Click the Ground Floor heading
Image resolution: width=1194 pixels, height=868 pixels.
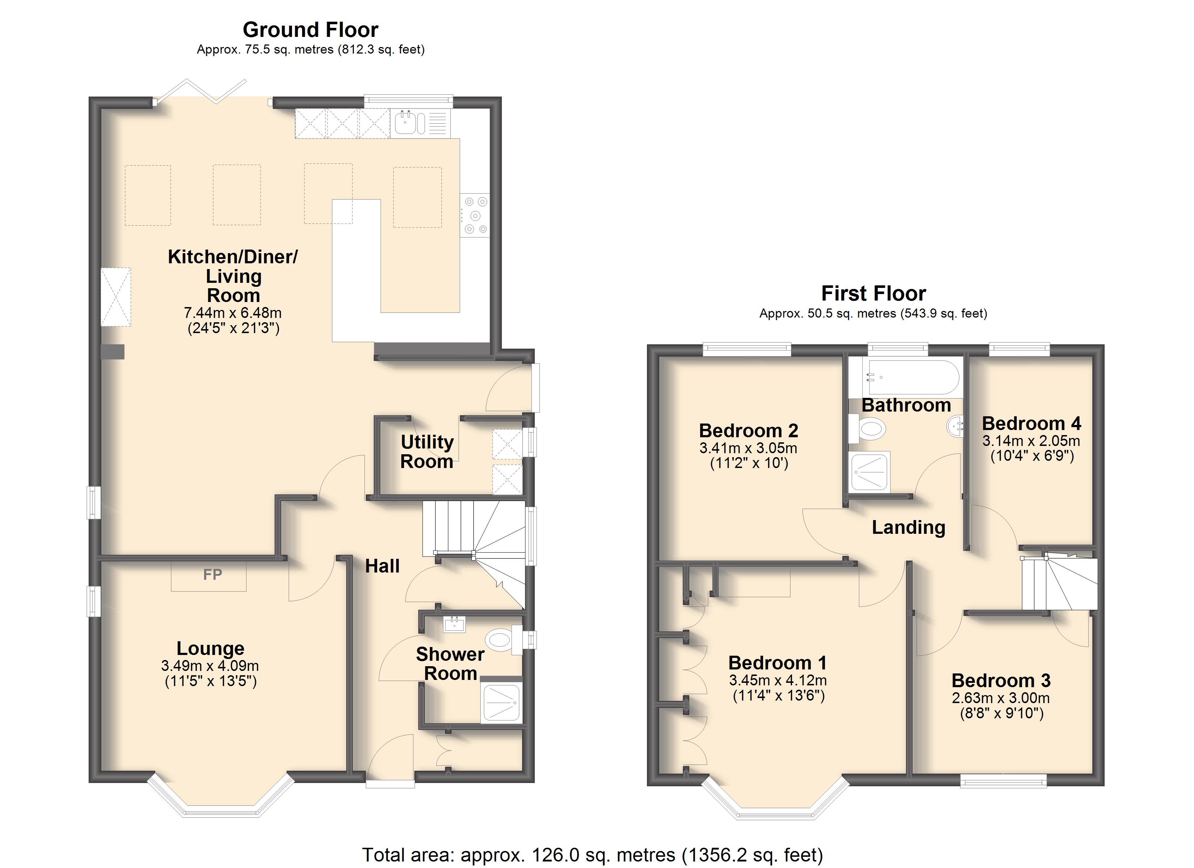[310, 30]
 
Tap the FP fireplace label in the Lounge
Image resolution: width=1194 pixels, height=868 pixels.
[213, 574]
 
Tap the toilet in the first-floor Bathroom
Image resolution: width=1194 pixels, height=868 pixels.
[867, 429]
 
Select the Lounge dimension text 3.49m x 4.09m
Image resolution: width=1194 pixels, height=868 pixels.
[210, 666]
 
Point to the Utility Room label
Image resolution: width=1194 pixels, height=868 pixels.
[427, 452]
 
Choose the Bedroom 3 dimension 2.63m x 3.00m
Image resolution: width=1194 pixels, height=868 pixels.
[1001, 698]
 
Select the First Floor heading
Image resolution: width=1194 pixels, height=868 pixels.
[873, 293]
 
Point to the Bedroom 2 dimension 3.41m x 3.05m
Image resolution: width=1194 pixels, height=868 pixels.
[748, 448]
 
